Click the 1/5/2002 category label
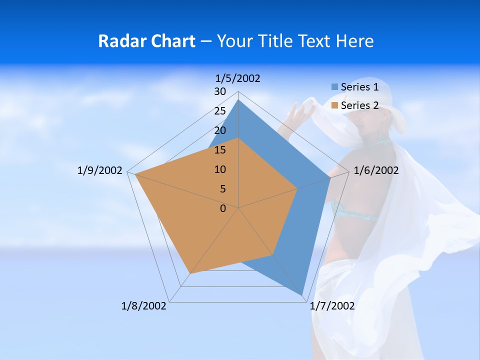click(x=237, y=78)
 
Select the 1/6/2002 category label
click(x=376, y=170)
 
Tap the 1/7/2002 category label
click(x=332, y=306)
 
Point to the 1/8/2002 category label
click(x=144, y=306)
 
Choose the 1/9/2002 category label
click(x=99, y=170)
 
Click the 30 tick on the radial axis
click(x=220, y=91)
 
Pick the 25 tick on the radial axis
click(x=220, y=111)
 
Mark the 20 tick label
click(x=220, y=130)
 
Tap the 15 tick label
click(x=220, y=150)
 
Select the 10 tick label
click(x=220, y=169)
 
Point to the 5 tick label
click(x=222, y=189)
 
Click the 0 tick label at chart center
click(x=222, y=208)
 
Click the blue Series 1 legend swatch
click(x=334, y=87)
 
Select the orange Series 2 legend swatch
click(x=334, y=105)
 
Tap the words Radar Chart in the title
click(x=146, y=41)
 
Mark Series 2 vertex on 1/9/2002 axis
click(x=135, y=175)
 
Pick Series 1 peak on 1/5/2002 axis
click(x=238, y=100)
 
